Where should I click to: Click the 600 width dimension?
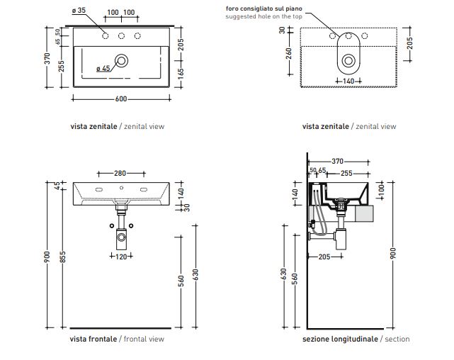pos(121,98)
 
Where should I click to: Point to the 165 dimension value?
pos(180,73)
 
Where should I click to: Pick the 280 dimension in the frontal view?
pos(120,172)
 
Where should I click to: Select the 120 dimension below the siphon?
pos(121,257)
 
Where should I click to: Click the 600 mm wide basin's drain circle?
pos(122,61)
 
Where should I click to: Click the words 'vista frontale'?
pos(93,339)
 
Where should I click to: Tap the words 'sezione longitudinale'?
pos(340,339)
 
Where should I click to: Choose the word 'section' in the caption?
pos(397,339)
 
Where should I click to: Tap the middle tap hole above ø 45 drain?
pos(121,36)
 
